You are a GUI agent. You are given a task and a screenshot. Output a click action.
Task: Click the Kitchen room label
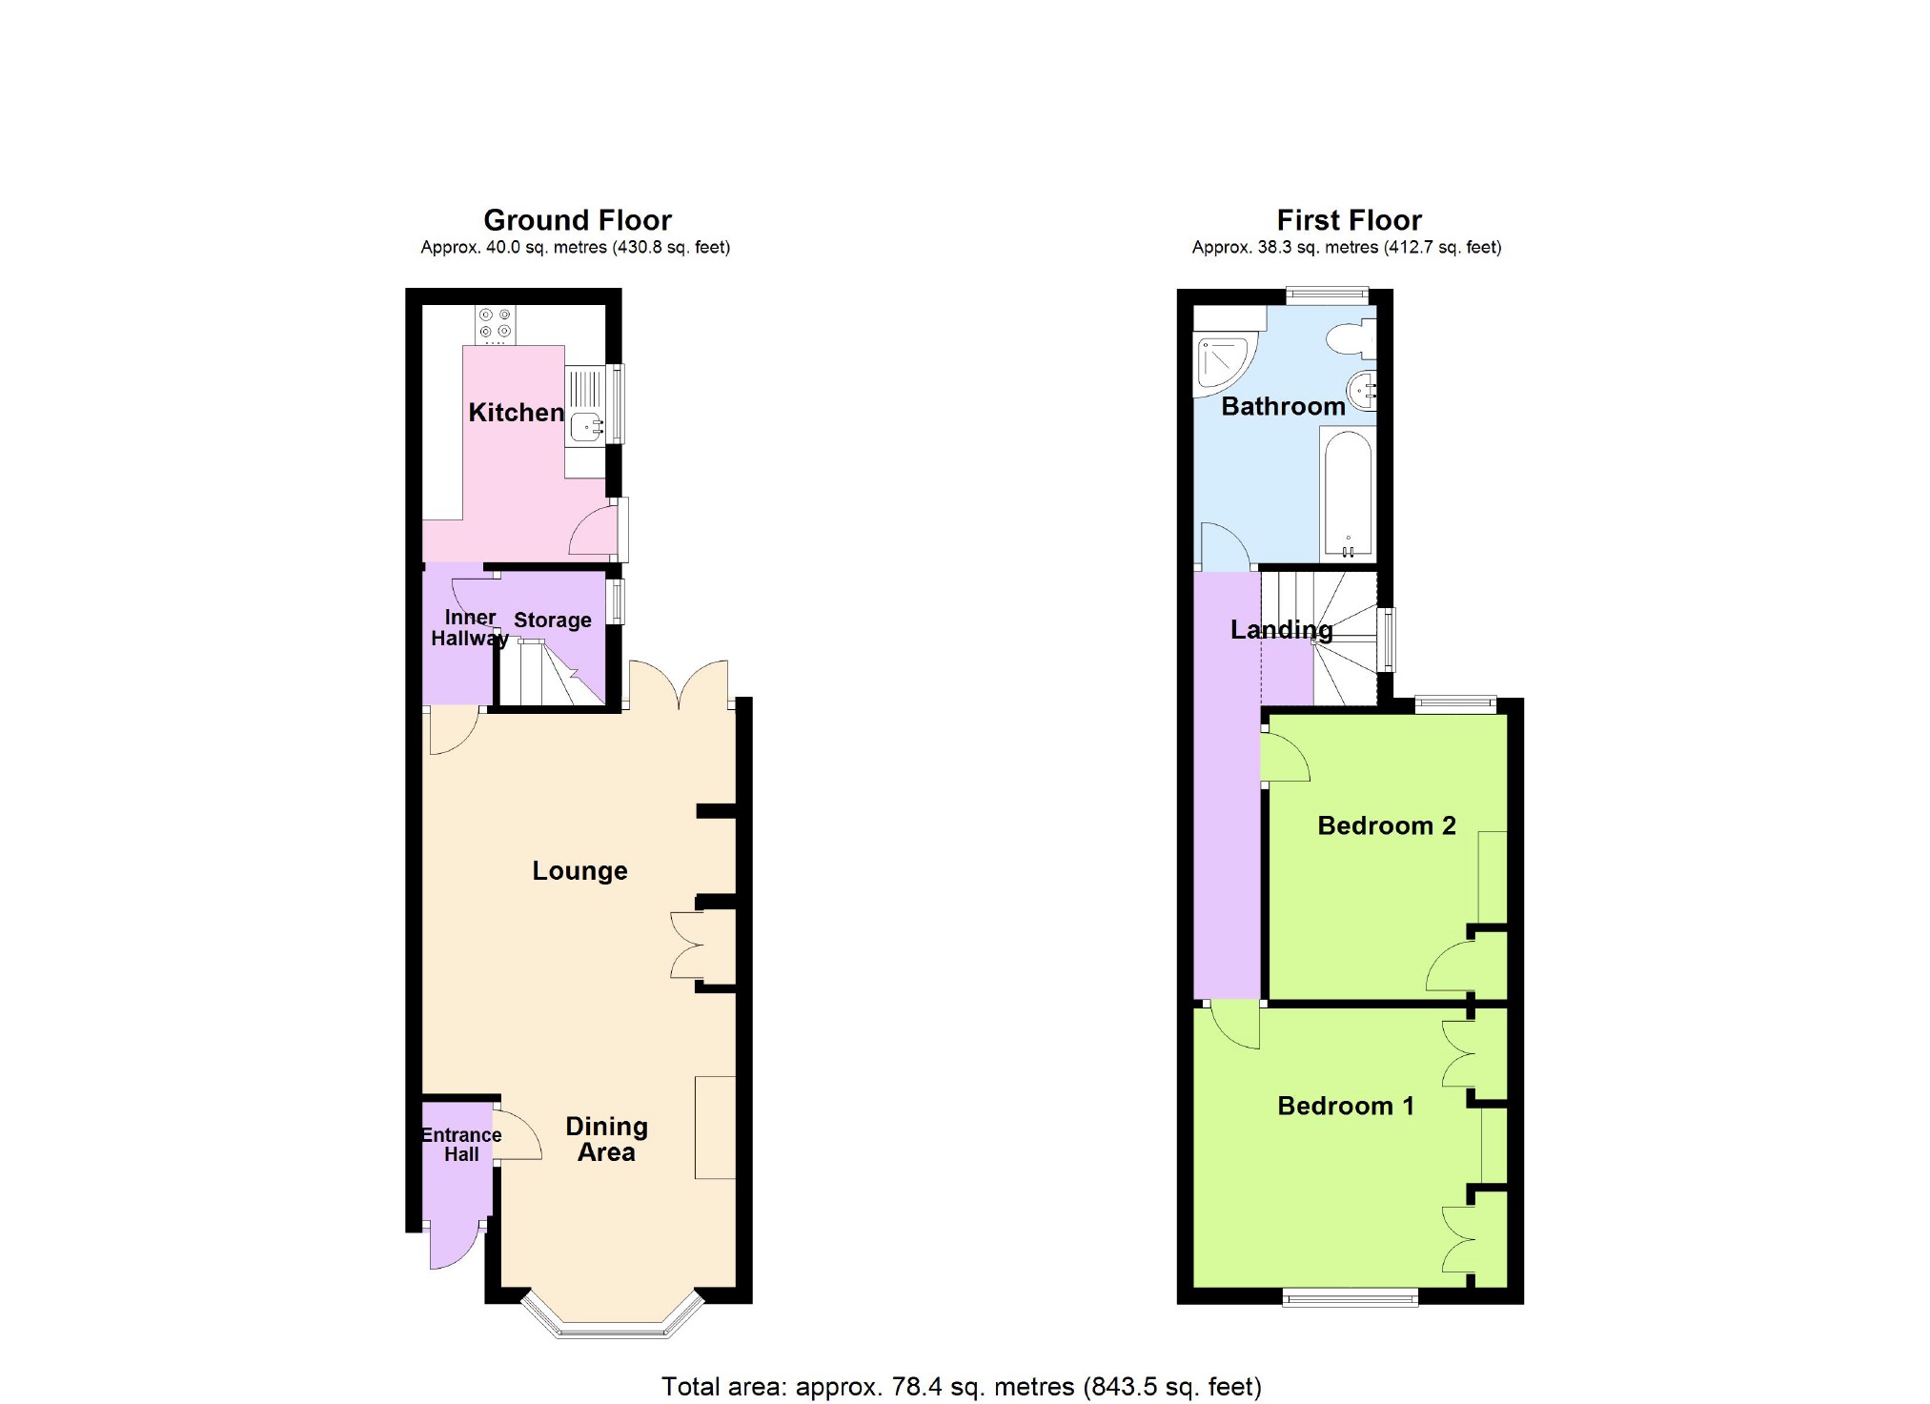(516, 413)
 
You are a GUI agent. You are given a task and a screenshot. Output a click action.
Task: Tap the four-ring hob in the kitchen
(495, 324)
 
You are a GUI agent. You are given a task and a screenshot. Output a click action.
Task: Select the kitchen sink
(584, 427)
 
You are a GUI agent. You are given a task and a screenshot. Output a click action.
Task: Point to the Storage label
(553, 621)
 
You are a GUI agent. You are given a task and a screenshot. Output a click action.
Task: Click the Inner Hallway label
(469, 628)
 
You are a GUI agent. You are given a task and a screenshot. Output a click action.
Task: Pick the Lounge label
(579, 871)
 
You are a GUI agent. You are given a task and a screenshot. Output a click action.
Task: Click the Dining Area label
(606, 1140)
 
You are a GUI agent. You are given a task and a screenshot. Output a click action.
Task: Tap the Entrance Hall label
(461, 1145)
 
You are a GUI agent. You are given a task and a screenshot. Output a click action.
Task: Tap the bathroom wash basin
(1363, 389)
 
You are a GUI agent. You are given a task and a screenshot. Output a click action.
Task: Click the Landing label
(1281, 630)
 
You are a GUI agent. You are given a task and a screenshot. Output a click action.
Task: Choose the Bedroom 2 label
(1386, 826)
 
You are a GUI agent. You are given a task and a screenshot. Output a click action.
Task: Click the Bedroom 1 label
(1345, 1107)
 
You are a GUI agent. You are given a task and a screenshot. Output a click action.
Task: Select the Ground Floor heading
(577, 221)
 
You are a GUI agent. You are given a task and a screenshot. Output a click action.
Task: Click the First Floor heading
(1349, 221)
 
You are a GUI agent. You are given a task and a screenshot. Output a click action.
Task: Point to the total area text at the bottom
(961, 1387)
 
